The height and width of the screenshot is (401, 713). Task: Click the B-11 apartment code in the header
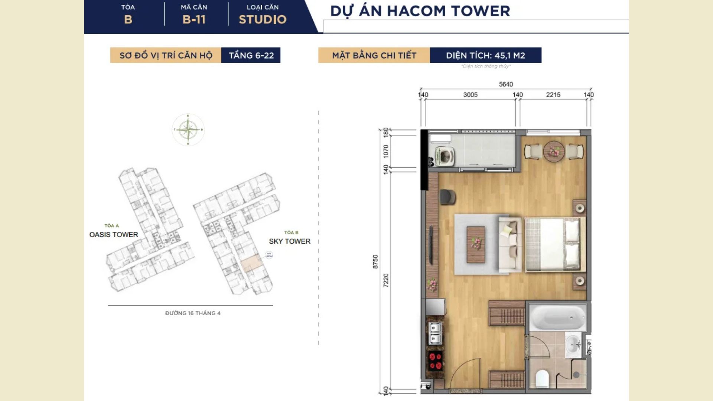[x=194, y=19]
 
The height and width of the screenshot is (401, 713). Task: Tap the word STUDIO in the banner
[x=263, y=19]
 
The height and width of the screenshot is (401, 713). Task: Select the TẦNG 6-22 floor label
[x=251, y=55]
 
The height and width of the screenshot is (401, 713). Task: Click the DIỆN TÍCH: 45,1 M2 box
[x=485, y=55]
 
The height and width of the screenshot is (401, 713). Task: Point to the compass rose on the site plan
[x=188, y=130]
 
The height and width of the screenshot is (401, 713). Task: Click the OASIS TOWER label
[x=114, y=234]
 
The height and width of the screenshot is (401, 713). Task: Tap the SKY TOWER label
[x=290, y=241]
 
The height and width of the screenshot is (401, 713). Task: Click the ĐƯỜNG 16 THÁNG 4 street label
[x=193, y=313]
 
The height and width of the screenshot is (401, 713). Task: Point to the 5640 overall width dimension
[x=506, y=84]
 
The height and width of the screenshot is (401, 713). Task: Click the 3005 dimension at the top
[x=470, y=95]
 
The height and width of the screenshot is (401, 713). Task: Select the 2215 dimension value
[x=553, y=95]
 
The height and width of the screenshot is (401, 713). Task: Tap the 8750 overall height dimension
[x=375, y=261]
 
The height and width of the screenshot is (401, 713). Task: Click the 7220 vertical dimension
[x=386, y=280]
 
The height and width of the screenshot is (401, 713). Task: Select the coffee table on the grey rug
[x=476, y=245]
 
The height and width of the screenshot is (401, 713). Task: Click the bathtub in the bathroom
[x=557, y=318]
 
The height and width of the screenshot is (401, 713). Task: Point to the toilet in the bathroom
[x=542, y=378]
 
